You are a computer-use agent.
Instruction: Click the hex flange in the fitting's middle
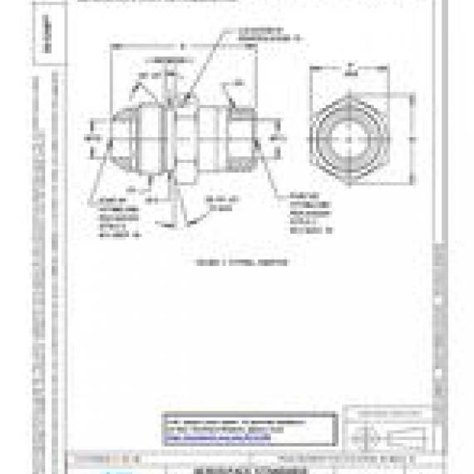pyautogui.click(x=185, y=133)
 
